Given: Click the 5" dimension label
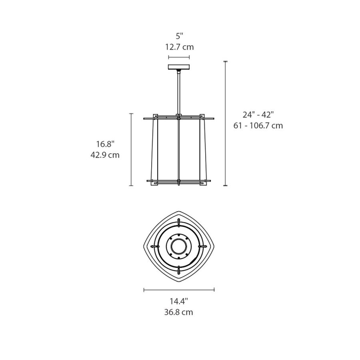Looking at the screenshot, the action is pyautogui.click(x=180, y=36).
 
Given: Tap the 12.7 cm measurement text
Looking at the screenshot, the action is pyautogui.click(x=180, y=47).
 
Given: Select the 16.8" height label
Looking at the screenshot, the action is pyautogui.click(x=105, y=144).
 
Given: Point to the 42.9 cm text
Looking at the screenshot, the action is pyautogui.click(x=105, y=155).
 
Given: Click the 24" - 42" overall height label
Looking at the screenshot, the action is pyautogui.click(x=258, y=114).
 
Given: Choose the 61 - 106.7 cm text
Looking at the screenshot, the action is pyautogui.click(x=258, y=126).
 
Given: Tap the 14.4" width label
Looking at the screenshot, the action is pyautogui.click(x=179, y=301).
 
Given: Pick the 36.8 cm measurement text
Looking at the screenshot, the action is pyautogui.click(x=179, y=312).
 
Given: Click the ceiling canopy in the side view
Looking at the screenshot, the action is pyautogui.click(x=179, y=67).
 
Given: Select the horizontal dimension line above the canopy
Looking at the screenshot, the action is pyautogui.click(x=179, y=57).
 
